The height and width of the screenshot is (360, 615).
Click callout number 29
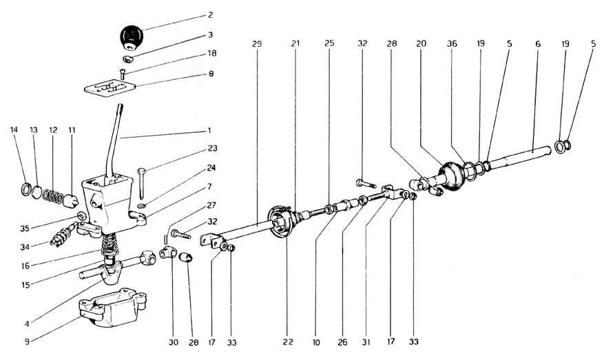[x=256, y=44]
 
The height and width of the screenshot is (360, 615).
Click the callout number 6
[x=537, y=43]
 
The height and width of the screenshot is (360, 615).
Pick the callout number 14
[x=13, y=129]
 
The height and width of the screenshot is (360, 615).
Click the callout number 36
[x=452, y=43]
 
